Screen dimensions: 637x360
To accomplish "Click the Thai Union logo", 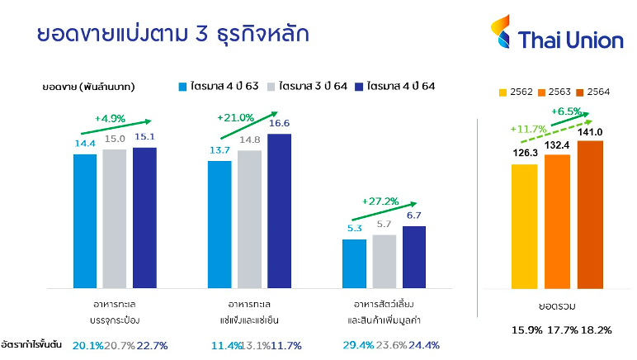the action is click(557, 32).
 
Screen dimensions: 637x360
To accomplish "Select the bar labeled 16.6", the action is click(279, 211).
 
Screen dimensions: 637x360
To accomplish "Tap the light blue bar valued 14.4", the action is click(85, 221).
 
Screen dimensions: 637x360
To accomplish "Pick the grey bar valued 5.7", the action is click(384, 261).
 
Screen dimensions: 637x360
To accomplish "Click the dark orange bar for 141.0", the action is click(590, 215).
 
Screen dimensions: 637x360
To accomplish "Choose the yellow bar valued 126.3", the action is click(524, 226).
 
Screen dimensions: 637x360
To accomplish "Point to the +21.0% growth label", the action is click(235, 118).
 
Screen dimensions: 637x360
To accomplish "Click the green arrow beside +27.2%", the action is click(385, 211).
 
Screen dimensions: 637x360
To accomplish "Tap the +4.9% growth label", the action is click(110, 119).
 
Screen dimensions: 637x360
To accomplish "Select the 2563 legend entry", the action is click(554, 92).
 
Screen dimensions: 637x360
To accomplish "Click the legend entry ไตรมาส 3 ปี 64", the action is click(307, 86).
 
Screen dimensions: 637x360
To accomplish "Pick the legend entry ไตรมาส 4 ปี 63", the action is click(219, 86).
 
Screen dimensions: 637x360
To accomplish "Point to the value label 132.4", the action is click(557, 145).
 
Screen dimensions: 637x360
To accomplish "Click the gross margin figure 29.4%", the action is click(358, 345).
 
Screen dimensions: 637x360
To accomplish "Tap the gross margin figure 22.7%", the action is click(152, 346).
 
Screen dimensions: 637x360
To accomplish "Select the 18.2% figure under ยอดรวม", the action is click(596, 330).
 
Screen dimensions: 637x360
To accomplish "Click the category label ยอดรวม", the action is click(557, 306).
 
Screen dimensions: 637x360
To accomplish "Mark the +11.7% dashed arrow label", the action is click(528, 129).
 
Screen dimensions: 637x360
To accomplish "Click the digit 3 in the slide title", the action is click(201, 34).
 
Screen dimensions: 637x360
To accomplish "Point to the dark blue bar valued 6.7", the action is click(414, 257).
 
